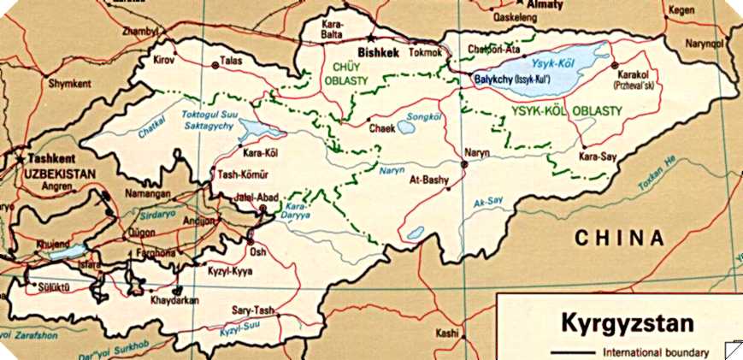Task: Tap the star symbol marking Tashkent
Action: (19, 159)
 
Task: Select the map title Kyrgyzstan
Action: (625, 324)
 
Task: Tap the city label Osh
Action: (258, 251)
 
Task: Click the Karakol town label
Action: (633, 74)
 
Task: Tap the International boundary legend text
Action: (657, 352)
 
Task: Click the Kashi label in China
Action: (447, 333)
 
